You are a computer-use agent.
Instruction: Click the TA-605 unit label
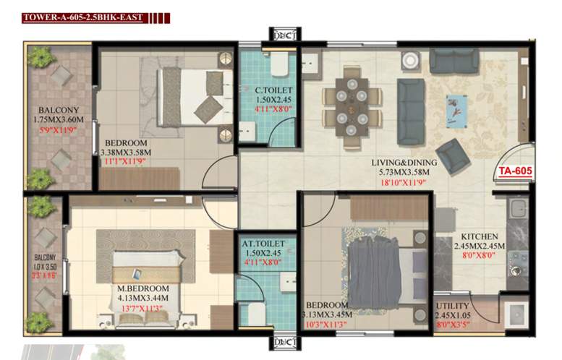click(516, 171)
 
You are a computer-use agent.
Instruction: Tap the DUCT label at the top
click(285, 35)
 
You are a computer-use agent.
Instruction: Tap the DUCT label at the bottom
click(285, 343)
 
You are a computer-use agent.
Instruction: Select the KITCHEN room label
click(480, 236)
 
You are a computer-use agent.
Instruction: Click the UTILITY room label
click(452, 306)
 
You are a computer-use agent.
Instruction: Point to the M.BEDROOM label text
click(143, 288)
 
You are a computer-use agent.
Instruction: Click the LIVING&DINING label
click(404, 163)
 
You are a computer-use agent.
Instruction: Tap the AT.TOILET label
click(263, 244)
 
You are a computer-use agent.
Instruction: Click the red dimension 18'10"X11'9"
click(403, 183)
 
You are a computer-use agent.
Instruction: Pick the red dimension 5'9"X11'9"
click(58, 129)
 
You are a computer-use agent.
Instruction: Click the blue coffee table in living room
click(456, 111)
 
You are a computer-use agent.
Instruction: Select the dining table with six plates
click(352, 107)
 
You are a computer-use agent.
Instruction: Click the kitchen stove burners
click(518, 263)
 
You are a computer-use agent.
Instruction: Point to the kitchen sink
click(518, 208)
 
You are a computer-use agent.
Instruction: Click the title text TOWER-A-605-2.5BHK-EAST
click(83, 17)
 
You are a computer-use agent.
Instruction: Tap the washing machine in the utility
click(516, 314)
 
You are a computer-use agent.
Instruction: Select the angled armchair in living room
click(453, 157)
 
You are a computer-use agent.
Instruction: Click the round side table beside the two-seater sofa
click(410, 61)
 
